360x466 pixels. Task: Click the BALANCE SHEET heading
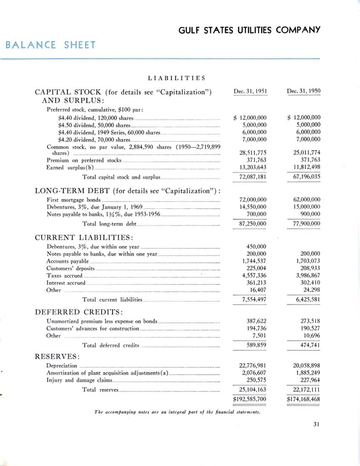coord(50,45)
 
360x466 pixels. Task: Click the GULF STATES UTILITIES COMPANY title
coord(249,30)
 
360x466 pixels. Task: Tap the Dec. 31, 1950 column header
coord(304,91)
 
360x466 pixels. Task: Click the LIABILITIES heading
coord(177,78)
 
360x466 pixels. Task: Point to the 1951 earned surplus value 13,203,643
coord(253,167)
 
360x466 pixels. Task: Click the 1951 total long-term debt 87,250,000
coord(253,224)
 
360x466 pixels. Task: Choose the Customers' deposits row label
coord(70,268)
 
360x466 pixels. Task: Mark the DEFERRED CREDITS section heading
coord(80,312)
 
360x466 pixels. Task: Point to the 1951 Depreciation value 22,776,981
coord(253,365)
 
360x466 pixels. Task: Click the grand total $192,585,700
coord(249,398)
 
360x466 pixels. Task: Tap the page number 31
coord(316,424)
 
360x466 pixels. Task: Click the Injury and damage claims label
coord(79,380)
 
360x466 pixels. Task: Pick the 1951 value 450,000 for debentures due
coord(256,246)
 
